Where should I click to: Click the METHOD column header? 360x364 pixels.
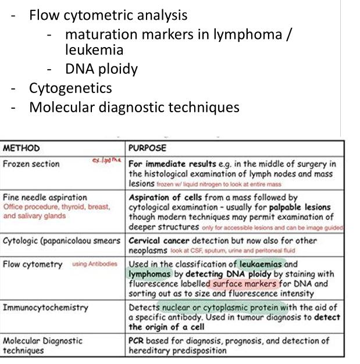(22, 148)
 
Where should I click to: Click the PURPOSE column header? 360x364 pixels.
(147, 148)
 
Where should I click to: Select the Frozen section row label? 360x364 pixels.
(31, 164)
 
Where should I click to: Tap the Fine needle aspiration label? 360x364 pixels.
(45, 197)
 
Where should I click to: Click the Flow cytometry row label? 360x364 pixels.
(33, 264)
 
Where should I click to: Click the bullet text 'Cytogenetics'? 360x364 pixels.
(70, 88)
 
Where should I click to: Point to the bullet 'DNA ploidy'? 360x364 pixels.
(101, 69)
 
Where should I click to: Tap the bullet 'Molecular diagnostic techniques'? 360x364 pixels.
(134, 107)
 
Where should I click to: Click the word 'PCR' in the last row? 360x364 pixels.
(137, 341)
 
